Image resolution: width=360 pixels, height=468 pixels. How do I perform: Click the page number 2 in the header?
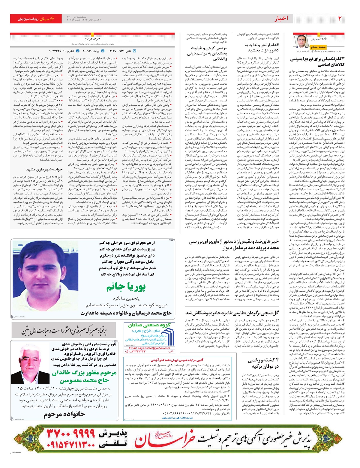click(340, 19)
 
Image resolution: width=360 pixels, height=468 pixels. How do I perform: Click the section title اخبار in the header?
click(281, 19)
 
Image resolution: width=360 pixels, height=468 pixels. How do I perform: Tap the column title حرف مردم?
click(92, 39)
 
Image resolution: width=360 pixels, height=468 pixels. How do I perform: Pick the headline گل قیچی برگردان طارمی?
click(232, 313)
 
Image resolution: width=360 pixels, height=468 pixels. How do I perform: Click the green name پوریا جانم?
click(126, 287)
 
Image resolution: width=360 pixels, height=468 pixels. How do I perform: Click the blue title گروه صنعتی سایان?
click(149, 325)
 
